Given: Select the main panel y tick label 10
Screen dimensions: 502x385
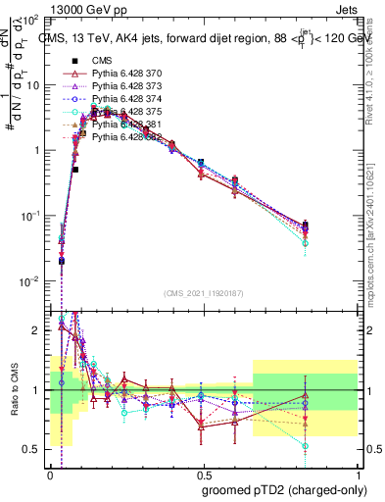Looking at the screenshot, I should click(34, 85).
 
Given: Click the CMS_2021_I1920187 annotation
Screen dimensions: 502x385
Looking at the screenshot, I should click(203, 293).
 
